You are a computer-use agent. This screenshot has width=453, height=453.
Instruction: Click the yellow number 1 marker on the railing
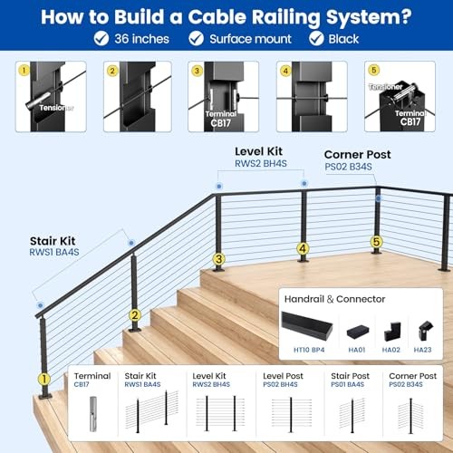[43, 380]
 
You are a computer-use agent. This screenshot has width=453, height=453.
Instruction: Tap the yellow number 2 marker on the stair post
[134, 315]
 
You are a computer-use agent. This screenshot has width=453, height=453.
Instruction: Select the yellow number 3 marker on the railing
[218, 258]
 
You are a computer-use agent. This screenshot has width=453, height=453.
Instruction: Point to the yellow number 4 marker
[303, 247]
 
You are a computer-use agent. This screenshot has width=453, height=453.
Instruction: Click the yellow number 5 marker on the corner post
[377, 242]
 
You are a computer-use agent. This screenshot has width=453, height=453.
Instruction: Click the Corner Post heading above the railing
[357, 155]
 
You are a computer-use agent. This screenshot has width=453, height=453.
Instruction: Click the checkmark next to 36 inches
[101, 38]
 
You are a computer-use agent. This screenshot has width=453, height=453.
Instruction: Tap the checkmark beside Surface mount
[196, 38]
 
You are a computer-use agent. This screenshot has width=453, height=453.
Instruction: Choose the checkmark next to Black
[315, 38]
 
